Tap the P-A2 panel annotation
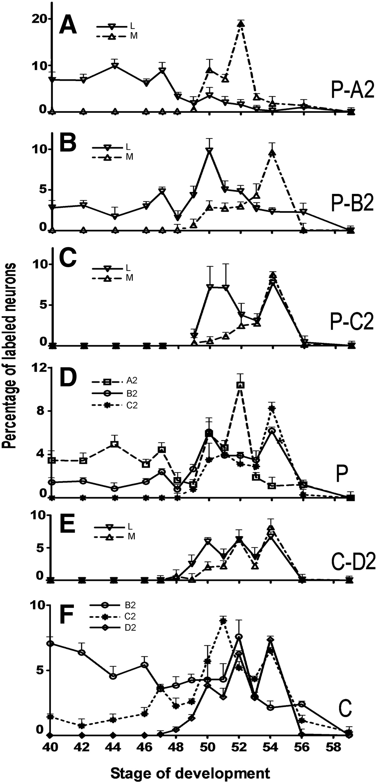click(352, 90)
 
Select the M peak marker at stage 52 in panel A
click(241, 24)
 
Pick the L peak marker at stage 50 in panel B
click(209, 150)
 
